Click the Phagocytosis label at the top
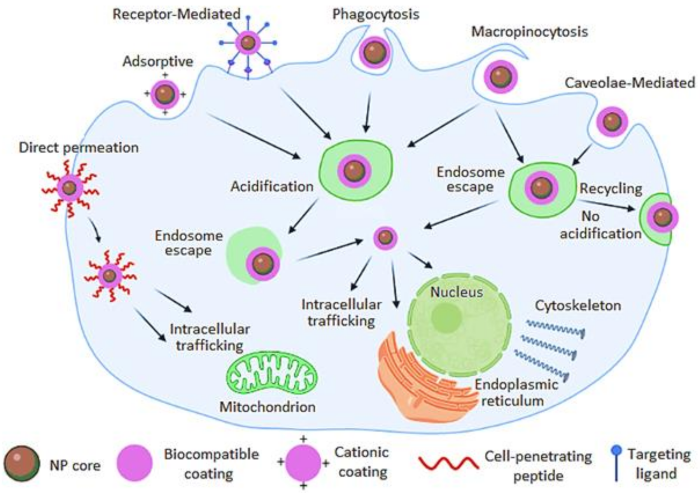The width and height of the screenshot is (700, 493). pyautogui.click(x=376, y=14)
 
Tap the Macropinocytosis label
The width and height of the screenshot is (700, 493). pyautogui.click(x=529, y=31)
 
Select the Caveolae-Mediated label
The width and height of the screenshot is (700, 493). pyautogui.click(x=630, y=83)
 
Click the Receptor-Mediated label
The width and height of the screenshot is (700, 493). pyautogui.click(x=177, y=14)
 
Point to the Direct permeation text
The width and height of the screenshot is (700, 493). pyautogui.click(x=79, y=148)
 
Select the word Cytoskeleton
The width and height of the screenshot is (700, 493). pyautogui.click(x=578, y=306)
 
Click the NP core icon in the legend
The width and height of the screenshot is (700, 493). pyautogui.click(x=22, y=464)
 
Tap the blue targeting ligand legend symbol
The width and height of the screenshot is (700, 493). pyautogui.click(x=616, y=463)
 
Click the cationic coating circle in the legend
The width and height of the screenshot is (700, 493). pyautogui.click(x=303, y=463)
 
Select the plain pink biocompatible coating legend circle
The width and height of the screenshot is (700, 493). pyautogui.click(x=135, y=463)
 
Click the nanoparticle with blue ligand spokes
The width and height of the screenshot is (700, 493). pyautogui.click(x=248, y=43)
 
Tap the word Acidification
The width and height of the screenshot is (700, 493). pyautogui.click(x=272, y=187)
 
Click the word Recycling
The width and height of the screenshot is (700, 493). pyautogui.click(x=611, y=189)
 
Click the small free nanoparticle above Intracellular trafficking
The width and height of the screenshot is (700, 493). pyautogui.click(x=385, y=238)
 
